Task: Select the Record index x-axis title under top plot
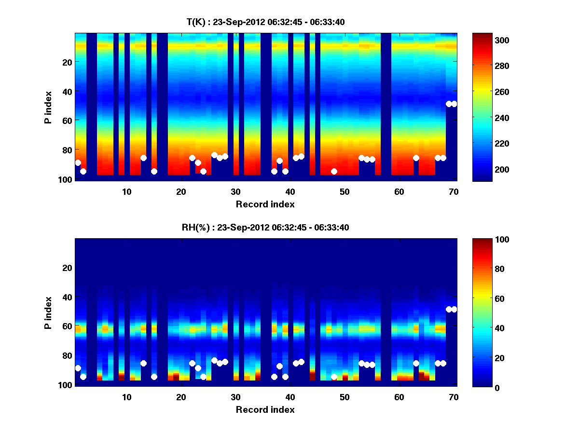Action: tap(265, 204)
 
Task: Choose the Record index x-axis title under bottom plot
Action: tap(265, 409)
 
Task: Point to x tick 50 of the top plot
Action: tap(345, 191)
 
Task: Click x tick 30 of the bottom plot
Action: tap(235, 396)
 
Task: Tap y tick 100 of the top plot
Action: tap(66, 179)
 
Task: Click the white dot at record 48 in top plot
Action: tap(334, 171)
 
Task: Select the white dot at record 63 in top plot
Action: tap(416, 158)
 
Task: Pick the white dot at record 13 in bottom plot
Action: tap(143, 363)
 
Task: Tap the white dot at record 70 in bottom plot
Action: tap(454, 309)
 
